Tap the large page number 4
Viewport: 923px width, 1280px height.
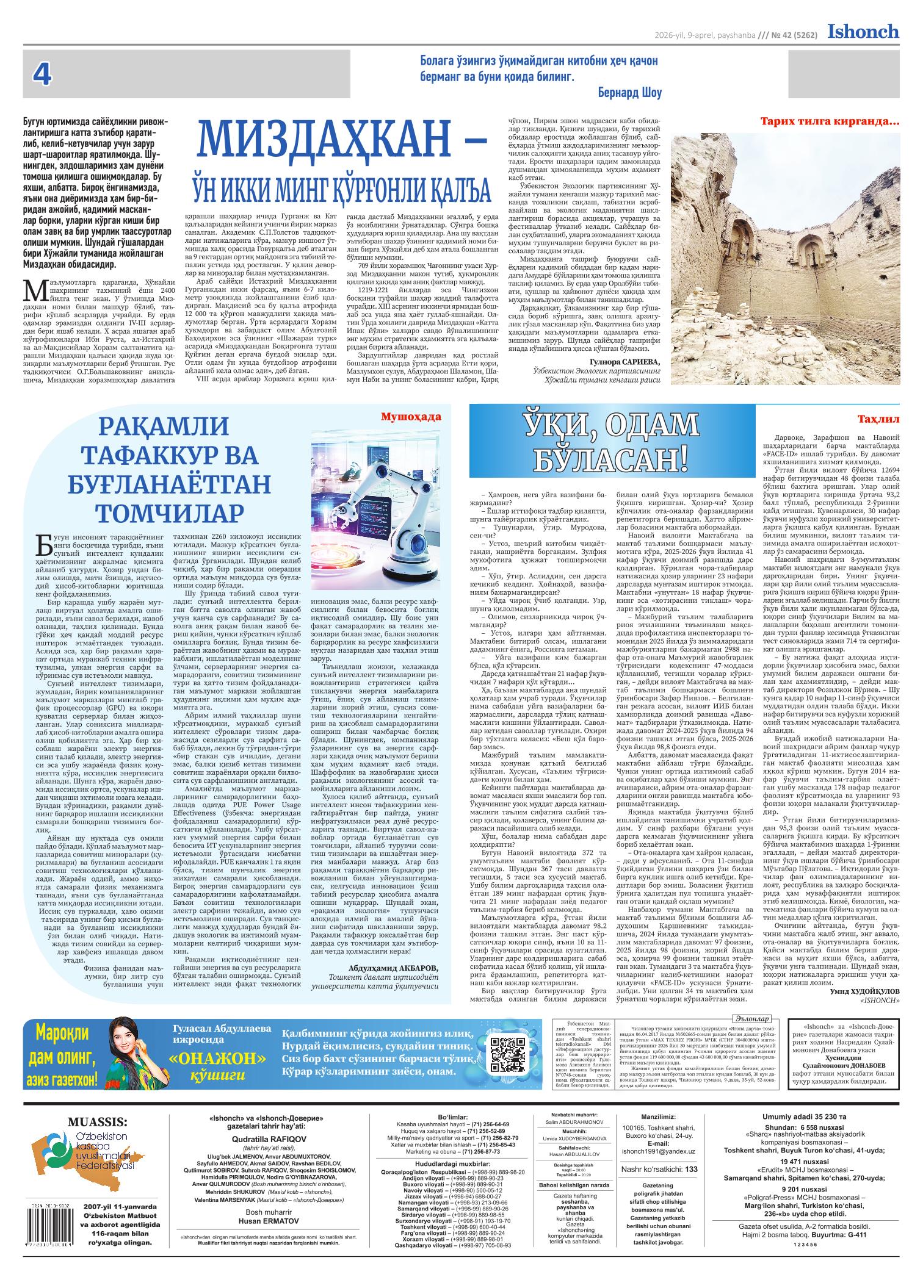pyautogui.click(x=42, y=75)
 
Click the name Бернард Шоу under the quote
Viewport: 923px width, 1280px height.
pyautogui.click(x=631, y=93)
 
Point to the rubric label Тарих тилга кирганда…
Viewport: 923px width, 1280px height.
pyautogui.click(x=830, y=122)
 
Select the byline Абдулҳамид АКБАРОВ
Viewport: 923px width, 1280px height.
pyautogui.click(x=393, y=968)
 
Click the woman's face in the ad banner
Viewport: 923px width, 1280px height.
pyautogui.click(x=125, y=1035)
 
